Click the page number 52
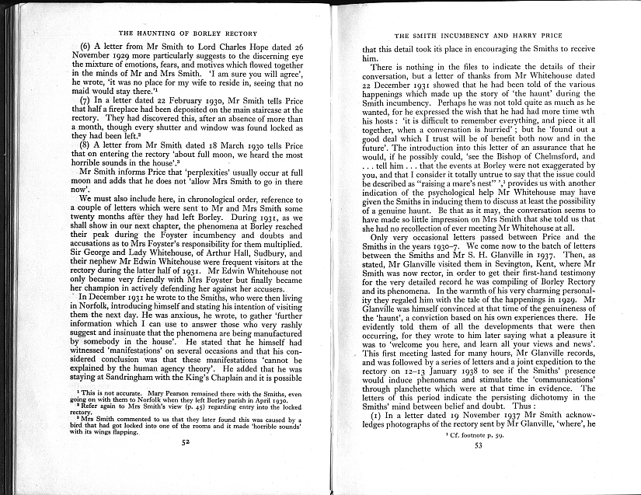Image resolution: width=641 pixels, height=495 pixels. (x=185, y=441)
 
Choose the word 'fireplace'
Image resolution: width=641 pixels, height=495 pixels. (x=132, y=112)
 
